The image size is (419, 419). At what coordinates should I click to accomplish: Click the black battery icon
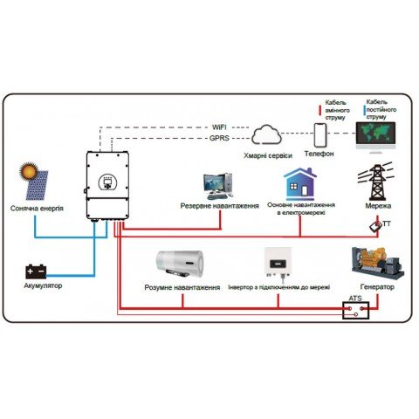tap(37, 271)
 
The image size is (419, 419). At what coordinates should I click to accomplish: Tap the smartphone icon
tap(320, 135)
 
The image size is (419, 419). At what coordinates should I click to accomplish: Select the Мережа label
tap(378, 206)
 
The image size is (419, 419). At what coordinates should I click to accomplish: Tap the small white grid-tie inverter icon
tap(277, 263)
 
